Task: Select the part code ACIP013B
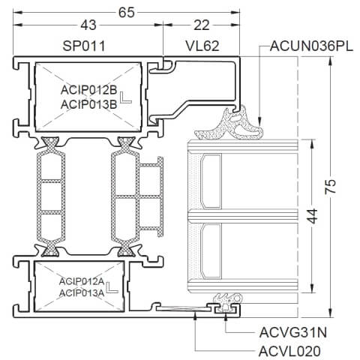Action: (x=88, y=104)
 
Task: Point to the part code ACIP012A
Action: (x=82, y=280)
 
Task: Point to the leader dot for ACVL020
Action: (x=195, y=317)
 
